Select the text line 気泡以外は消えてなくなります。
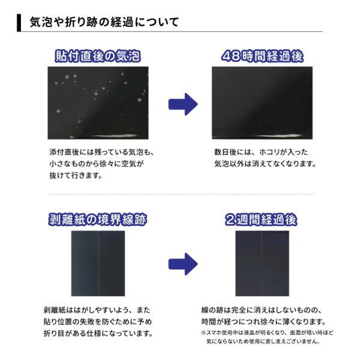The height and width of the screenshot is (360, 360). click(x=265, y=163)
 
